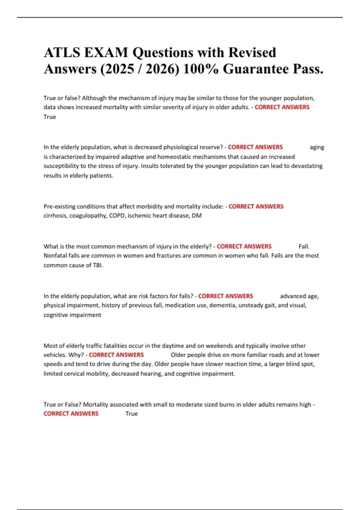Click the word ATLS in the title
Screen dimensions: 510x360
[62, 53]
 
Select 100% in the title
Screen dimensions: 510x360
[201, 69]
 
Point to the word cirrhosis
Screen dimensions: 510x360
[55, 216]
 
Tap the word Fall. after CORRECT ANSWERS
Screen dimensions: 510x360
[304, 247]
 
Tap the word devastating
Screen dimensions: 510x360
[306, 166]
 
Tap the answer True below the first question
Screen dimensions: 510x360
[49, 117]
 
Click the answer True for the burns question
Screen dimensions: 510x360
[131, 414]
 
